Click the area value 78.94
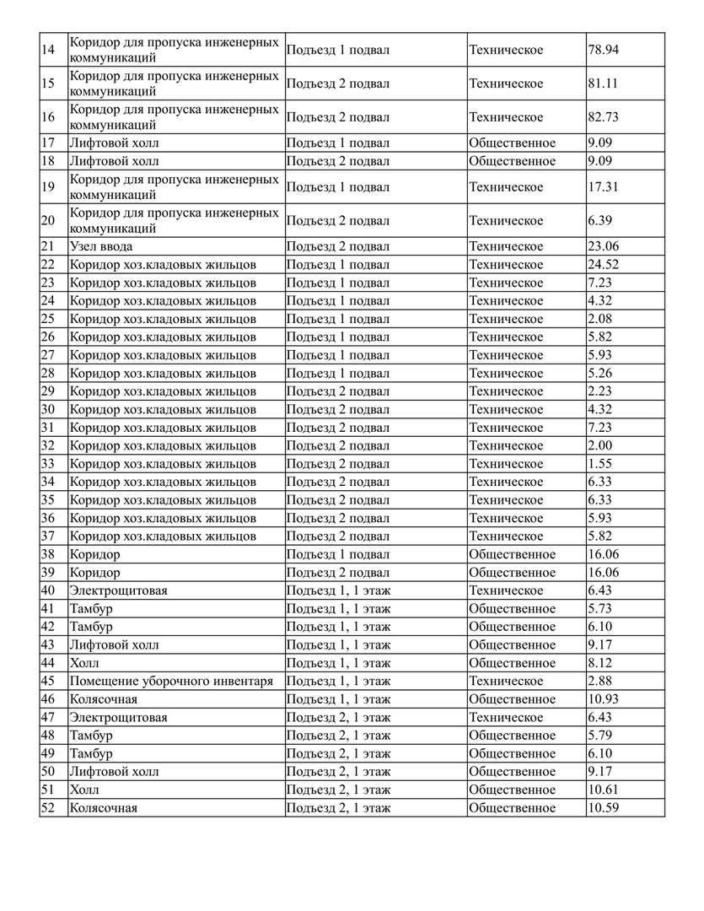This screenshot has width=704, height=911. [603, 50]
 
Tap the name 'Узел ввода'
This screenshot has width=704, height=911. [101, 246]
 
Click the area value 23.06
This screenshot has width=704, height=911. [603, 246]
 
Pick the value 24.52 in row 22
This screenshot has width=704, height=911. [603, 265]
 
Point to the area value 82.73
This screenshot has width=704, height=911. [603, 117]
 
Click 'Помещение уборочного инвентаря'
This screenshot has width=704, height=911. [171, 681]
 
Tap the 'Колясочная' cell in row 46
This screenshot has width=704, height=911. [104, 699]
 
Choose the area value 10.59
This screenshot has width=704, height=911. [603, 808]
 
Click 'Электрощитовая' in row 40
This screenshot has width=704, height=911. [118, 590]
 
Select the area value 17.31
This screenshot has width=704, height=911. [603, 186]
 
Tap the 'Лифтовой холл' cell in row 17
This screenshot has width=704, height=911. [114, 143]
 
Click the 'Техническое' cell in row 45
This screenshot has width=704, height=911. [506, 681]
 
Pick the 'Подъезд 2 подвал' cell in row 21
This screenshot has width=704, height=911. [338, 246]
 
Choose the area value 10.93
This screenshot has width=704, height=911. [603, 699]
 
